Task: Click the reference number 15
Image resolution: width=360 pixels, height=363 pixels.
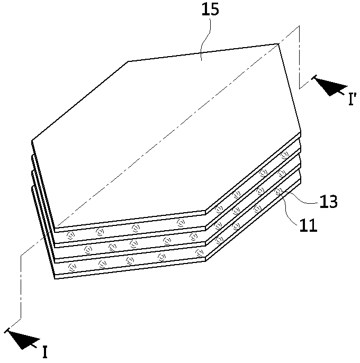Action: [x=210, y=10]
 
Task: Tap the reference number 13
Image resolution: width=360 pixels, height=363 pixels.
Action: [x=328, y=202]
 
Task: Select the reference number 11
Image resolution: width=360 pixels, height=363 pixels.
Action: [x=308, y=225]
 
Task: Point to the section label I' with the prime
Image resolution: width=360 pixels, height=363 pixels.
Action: [x=352, y=99]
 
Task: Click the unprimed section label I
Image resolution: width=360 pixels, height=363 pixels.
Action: [x=45, y=352]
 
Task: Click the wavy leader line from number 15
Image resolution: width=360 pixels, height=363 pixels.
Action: [x=206, y=39]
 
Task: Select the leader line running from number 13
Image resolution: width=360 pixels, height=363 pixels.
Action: [x=299, y=197]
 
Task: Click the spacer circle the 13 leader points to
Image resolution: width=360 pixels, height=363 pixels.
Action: [x=278, y=191]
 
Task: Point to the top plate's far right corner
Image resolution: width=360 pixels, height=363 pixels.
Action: [x=278, y=44]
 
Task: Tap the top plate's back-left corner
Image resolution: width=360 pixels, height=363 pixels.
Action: [x=128, y=61]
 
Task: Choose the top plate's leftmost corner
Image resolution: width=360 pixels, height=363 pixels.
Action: [x=32, y=140]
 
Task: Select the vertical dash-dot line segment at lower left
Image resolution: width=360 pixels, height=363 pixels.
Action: [x=21, y=287]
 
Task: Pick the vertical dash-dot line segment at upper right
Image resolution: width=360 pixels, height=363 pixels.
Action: [x=299, y=57]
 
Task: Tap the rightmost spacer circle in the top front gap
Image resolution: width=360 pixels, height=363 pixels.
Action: [x=181, y=223]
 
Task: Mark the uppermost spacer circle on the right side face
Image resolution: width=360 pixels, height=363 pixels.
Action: [x=284, y=155]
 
